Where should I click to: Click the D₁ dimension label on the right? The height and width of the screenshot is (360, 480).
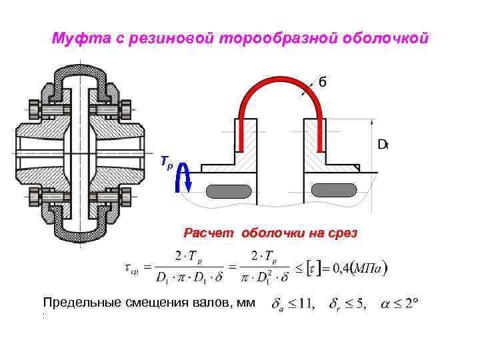click(x=383, y=143)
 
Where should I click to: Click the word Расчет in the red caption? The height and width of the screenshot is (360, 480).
click(x=209, y=233)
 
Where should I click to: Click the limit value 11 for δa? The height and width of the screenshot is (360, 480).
click(x=308, y=304)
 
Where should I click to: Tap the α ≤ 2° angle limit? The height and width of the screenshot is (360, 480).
click(x=399, y=303)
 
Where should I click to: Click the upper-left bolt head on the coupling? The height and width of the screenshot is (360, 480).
click(x=35, y=107)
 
